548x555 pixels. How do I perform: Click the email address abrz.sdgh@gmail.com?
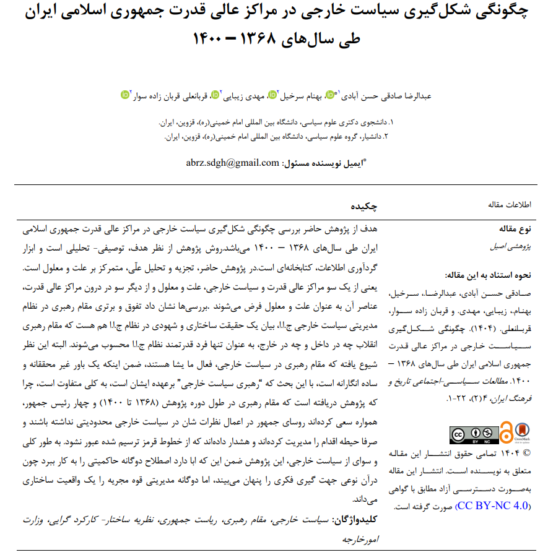pos(232,163)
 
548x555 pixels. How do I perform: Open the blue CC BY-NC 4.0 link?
pos(493,506)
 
